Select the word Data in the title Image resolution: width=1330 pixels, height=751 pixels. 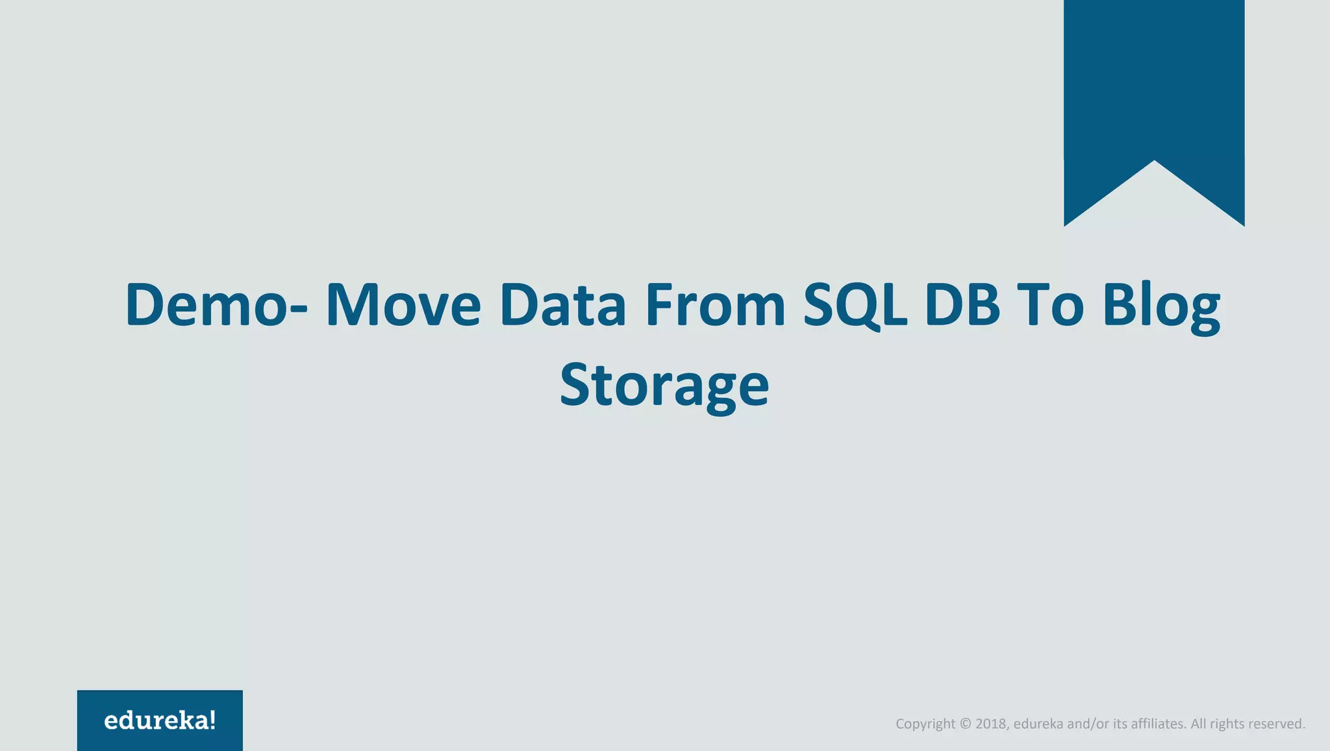point(562,304)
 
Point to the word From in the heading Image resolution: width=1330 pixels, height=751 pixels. point(715,304)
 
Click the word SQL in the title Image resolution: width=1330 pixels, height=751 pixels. point(855,304)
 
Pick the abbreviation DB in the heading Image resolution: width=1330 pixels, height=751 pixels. point(962,304)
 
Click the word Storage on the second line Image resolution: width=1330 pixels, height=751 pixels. point(664,386)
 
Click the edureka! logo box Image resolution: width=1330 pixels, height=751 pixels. point(160,720)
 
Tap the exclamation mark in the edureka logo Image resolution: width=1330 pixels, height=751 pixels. point(212,719)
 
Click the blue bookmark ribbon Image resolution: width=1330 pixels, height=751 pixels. point(1154,84)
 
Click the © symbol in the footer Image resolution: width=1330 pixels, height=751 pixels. point(965,724)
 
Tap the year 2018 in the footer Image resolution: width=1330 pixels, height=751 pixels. point(992,724)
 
